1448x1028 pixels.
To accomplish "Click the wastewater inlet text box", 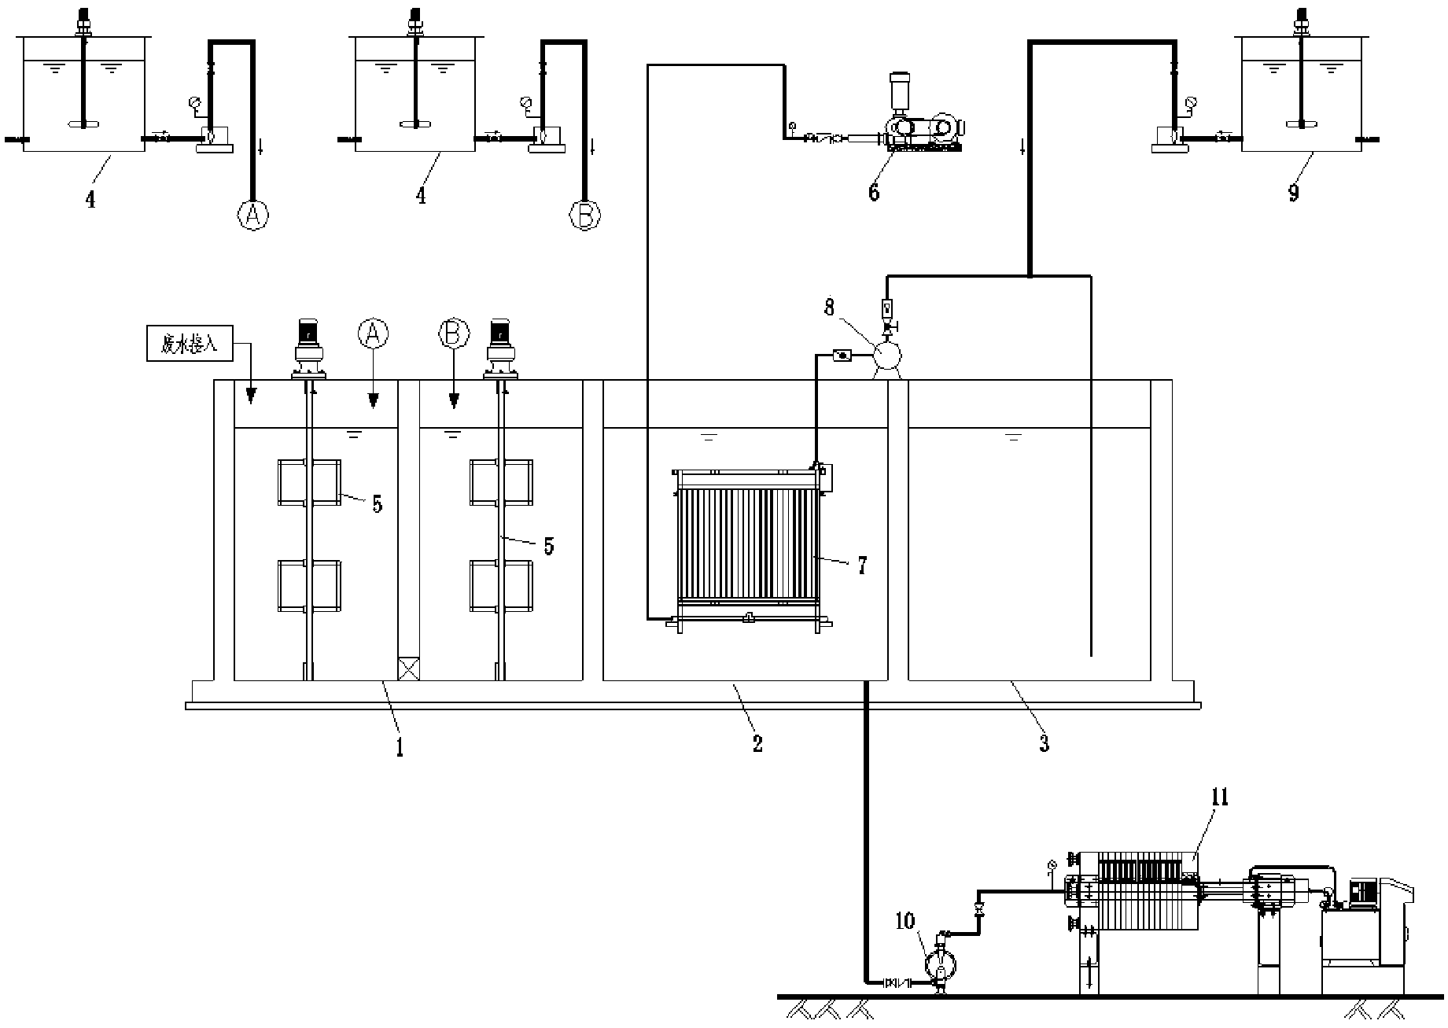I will (190, 345).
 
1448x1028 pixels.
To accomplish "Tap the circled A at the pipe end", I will (253, 215).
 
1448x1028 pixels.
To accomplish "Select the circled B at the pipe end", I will (584, 215).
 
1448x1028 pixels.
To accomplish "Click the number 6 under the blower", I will (874, 192).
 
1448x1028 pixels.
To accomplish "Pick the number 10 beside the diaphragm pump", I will (906, 919).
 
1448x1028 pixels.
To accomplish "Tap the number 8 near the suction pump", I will (830, 308).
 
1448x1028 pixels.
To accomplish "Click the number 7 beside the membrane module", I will (862, 566).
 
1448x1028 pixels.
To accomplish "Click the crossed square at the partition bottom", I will (409, 669).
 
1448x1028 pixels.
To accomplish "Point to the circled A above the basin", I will (374, 333).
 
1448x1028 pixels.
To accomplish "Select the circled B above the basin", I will (454, 333).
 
